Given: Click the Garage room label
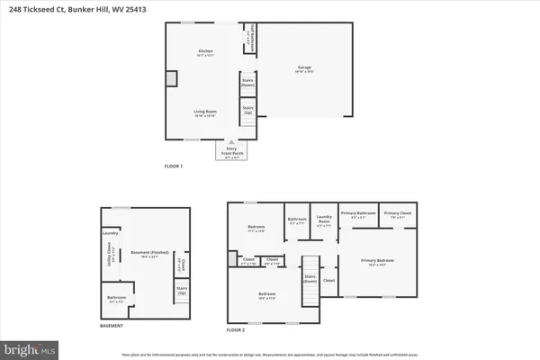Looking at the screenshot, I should tap(305, 67).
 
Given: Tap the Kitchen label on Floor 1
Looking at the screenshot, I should tap(206, 52).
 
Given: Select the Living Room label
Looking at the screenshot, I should tap(205, 112).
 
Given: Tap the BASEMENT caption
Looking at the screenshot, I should tap(111, 326).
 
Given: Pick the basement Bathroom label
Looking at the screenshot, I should tap(116, 298).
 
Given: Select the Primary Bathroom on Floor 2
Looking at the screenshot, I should tap(358, 214).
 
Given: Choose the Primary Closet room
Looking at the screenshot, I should tap(397, 214).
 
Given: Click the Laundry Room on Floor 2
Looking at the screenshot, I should tap(325, 222).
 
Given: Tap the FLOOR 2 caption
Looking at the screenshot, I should tap(236, 330).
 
